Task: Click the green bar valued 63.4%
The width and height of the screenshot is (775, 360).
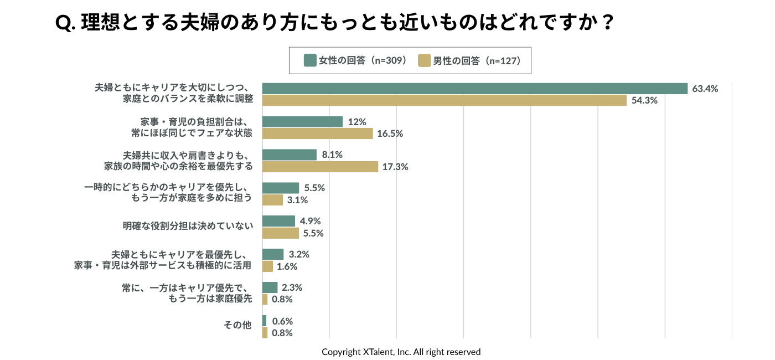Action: (x=474, y=89)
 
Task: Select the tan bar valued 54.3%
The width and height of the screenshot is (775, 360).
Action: (x=444, y=100)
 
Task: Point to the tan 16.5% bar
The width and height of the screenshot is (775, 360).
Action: (x=317, y=133)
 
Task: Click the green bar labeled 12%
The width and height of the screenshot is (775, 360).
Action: (x=302, y=122)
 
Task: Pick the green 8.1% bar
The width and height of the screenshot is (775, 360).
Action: (x=289, y=155)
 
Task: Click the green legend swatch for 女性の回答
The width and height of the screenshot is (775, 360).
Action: (x=310, y=60)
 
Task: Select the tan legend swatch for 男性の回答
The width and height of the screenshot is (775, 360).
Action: (x=424, y=60)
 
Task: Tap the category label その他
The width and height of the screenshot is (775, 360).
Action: (x=237, y=325)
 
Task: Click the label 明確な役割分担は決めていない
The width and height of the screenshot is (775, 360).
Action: (x=188, y=225)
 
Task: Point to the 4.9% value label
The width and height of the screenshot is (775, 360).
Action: (x=310, y=221)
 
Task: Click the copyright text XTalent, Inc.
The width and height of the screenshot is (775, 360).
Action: (x=401, y=352)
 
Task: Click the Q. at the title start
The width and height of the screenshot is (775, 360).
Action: (x=65, y=23)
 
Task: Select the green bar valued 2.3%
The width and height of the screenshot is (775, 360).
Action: (x=270, y=287)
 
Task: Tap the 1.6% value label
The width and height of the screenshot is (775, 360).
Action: (x=287, y=266)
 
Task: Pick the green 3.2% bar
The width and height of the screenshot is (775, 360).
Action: (x=272, y=254)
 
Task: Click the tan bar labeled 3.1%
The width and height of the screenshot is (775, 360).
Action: (x=272, y=200)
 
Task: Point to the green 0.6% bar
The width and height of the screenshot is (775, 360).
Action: (x=264, y=321)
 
